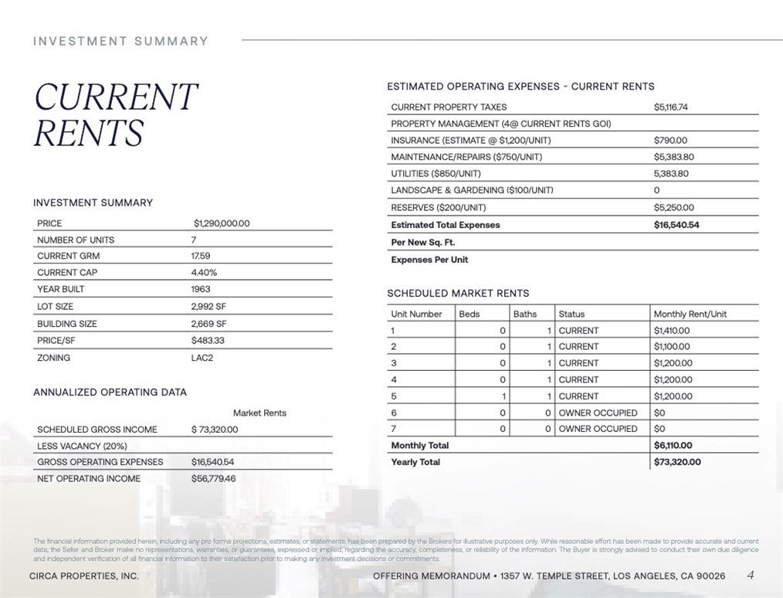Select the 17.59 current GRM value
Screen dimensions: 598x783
click(201, 256)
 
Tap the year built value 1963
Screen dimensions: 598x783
click(201, 289)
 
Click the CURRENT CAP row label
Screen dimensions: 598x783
click(68, 272)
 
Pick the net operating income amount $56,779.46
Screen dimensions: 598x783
click(213, 478)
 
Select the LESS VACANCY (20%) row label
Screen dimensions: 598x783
click(82, 446)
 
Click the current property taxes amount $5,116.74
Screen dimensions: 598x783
click(670, 107)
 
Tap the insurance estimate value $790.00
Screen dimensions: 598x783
click(670, 141)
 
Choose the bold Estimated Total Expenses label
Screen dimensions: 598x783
click(446, 225)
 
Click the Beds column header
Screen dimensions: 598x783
click(469, 314)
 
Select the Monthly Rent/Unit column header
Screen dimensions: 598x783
click(690, 314)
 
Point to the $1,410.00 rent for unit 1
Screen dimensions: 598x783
click(672, 330)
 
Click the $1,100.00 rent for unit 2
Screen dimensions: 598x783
click(672, 347)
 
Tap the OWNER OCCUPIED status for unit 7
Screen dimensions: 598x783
click(598, 428)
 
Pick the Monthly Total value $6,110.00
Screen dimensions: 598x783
click(673, 445)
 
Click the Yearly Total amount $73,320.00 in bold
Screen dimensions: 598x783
click(677, 461)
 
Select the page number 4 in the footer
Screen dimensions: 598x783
click(751, 575)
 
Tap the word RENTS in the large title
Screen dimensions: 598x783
click(88, 133)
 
